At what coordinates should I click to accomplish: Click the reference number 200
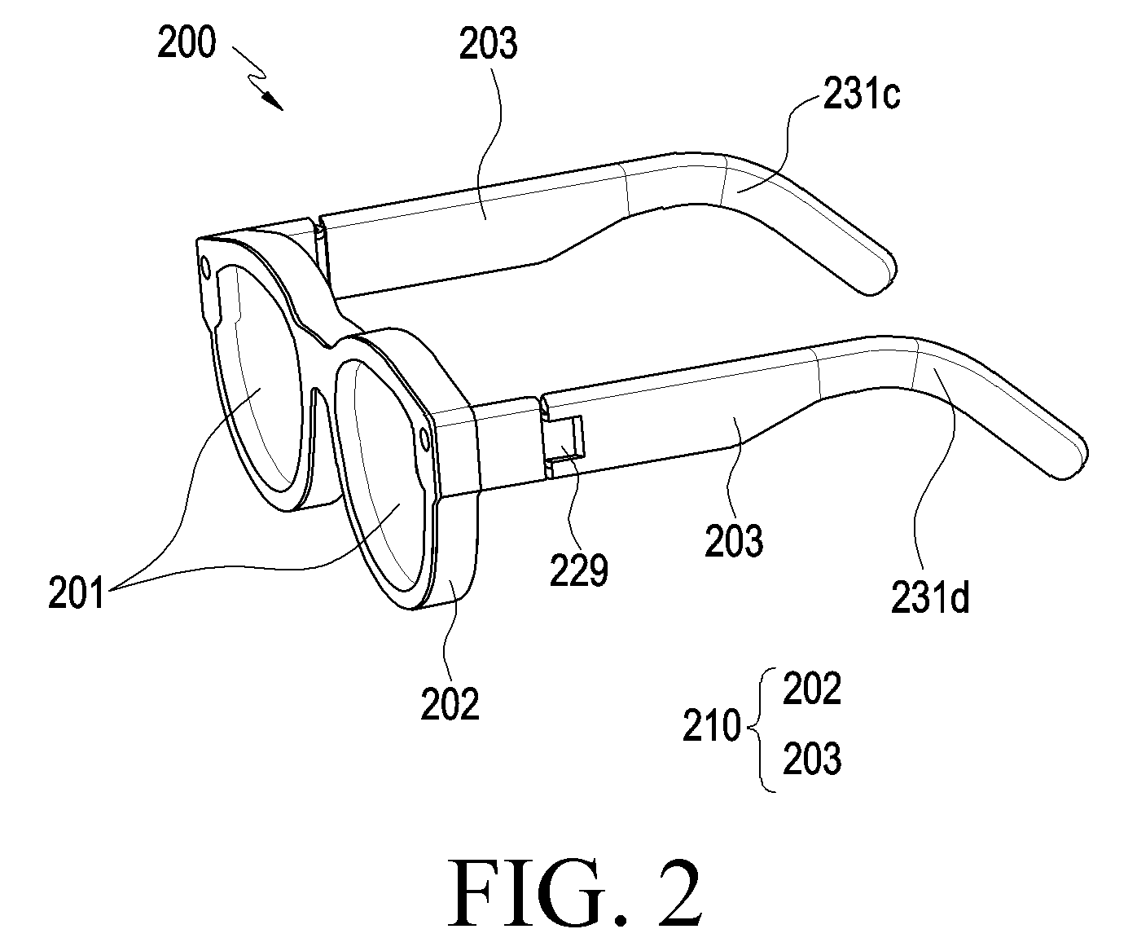click(x=187, y=43)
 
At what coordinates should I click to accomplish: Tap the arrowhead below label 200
click(x=274, y=103)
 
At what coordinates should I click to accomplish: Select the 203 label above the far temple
click(x=488, y=44)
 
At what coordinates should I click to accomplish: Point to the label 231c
click(x=862, y=95)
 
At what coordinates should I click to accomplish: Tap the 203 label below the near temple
click(x=734, y=540)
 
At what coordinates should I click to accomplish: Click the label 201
click(x=76, y=593)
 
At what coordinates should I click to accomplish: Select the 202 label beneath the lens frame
click(x=450, y=704)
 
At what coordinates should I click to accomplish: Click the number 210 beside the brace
click(x=712, y=725)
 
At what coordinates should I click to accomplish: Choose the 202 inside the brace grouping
click(x=812, y=689)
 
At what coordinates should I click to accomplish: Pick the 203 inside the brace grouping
click(x=812, y=759)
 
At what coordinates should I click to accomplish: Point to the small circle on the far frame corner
click(x=205, y=267)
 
